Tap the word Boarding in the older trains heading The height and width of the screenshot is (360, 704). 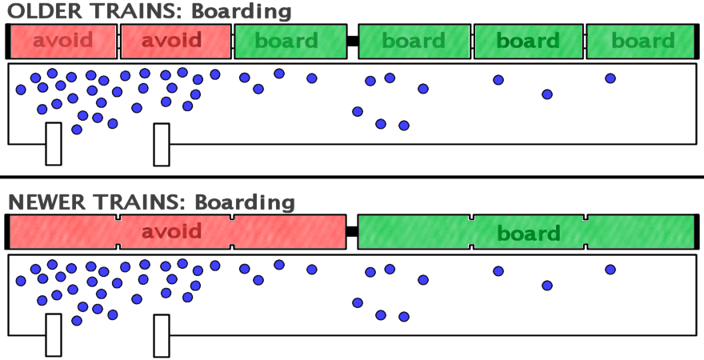pyautogui.click(x=242, y=12)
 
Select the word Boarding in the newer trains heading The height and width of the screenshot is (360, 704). pyautogui.click(x=245, y=203)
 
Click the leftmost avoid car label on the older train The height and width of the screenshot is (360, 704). pyautogui.click(x=63, y=40)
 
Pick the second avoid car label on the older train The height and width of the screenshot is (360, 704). pyautogui.click(x=171, y=40)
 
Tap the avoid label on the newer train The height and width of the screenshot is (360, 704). pyautogui.click(x=171, y=232)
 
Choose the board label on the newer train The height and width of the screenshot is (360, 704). pyautogui.click(x=529, y=234)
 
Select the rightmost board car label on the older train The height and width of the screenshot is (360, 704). pyautogui.click(x=643, y=41)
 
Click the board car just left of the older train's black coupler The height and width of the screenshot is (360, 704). pyautogui.click(x=290, y=42)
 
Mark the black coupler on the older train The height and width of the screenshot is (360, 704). pyautogui.click(x=353, y=41)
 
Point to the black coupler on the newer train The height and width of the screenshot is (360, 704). pyautogui.click(x=352, y=232)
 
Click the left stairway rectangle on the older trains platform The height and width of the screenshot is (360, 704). pyautogui.click(x=54, y=144)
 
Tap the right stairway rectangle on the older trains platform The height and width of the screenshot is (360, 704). pyautogui.click(x=162, y=145)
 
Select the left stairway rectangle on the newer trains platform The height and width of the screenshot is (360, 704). pyautogui.click(x=54, y=335)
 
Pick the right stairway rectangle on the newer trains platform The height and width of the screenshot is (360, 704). pyautogui.click(x=162, y=336)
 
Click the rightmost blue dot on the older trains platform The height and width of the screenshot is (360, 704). pyautogui.click(x=610, y=78)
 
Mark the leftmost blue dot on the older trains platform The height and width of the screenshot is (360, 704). pyautogui.click(x=21, y=90)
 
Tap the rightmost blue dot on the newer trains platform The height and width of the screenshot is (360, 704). pyautogui.click(x=610, y=270)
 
